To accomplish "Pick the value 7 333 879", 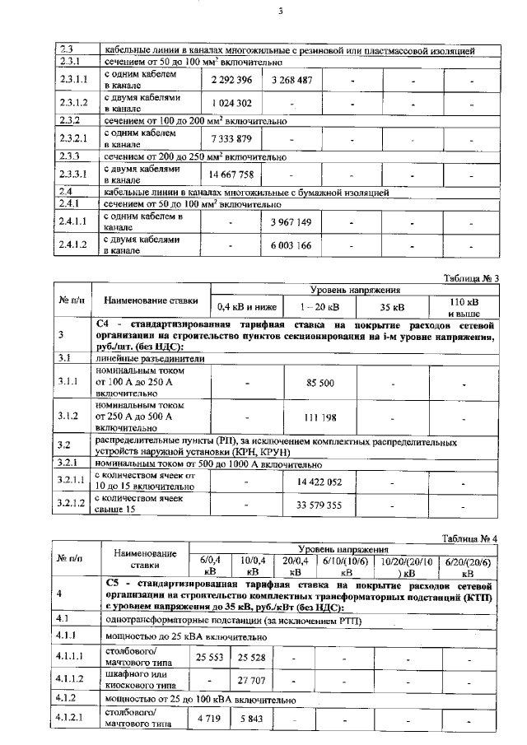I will point(231,138).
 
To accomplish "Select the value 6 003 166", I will point(291,246).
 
